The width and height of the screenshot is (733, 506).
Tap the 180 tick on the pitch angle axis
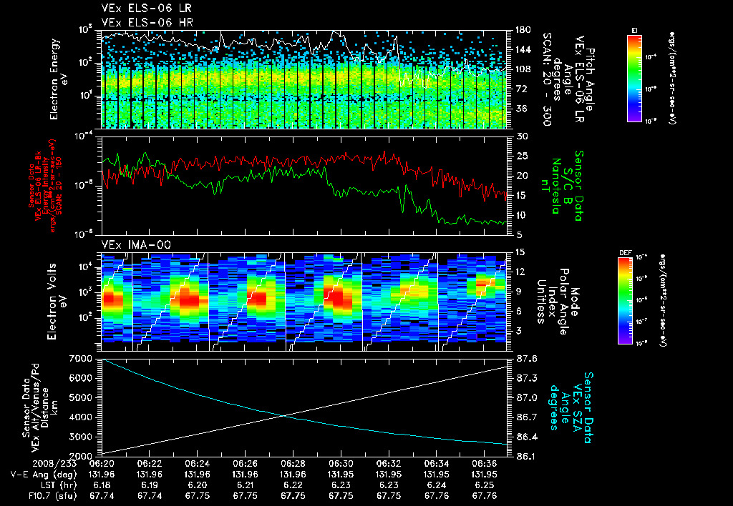click(x=522, y=30)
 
